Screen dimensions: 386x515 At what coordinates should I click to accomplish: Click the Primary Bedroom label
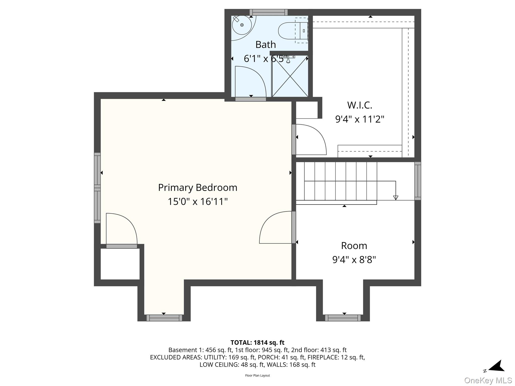point(198,188)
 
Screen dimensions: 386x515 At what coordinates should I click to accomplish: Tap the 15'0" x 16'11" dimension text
point(198,202)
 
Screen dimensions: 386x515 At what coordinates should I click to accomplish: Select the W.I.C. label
point(360,105)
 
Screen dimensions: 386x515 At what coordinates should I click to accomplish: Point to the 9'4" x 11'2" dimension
point(360,119)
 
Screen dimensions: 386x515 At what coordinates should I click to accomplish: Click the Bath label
point(266,45)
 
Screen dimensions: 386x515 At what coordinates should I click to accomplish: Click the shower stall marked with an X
point(290,76)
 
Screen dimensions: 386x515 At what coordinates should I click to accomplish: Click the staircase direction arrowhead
point(396,198)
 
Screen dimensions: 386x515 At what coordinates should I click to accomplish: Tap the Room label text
point(354,246)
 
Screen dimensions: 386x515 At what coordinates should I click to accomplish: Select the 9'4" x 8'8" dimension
point(354,260)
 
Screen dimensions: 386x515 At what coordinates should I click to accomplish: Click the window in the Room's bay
point(343,318)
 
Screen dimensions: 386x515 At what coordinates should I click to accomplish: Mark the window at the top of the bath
point(269,12)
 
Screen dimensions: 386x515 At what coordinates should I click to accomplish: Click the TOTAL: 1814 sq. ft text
point(257,343)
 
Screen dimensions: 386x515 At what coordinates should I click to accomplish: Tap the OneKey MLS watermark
point(488,380)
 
